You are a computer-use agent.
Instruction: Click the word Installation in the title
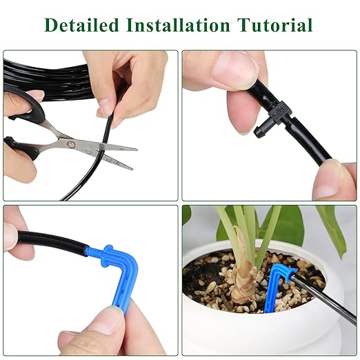click(x=179, y=26)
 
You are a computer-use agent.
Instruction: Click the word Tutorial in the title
click(x=275, y=26)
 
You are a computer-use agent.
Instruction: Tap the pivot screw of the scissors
click(x=70, y=143)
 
